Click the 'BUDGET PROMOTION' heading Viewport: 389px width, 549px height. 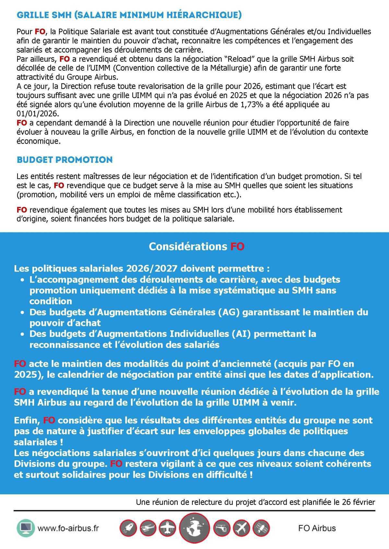tap(65, 160)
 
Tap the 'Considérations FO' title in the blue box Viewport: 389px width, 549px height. tap(196, 246)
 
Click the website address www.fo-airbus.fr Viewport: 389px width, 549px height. tap(68, 528)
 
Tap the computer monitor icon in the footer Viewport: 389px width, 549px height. tap(25, 528)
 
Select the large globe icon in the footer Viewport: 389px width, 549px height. tap(194, 528)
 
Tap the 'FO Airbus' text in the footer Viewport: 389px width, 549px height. tap(317, 528)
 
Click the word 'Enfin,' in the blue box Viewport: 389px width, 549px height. tap(27, 420)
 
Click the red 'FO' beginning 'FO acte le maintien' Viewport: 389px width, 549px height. tap(20, 364)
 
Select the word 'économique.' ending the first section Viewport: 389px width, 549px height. tap(39, 141)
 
